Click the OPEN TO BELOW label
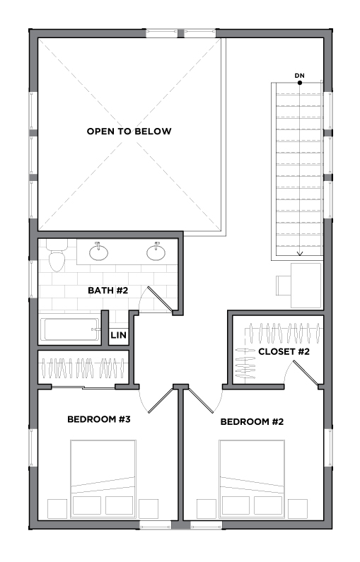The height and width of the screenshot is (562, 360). point(129,131)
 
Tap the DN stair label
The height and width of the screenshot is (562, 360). point(299,76)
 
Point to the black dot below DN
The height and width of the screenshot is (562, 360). point(300,83)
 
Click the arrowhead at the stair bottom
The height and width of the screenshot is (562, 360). point(300,254)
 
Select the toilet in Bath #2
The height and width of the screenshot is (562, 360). point(57,255)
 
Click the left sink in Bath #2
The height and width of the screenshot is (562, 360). point(98,252)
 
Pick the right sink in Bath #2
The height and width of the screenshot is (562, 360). point(156,252)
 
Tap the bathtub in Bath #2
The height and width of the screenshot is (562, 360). point(70,329)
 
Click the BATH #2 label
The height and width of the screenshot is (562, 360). point(108,291)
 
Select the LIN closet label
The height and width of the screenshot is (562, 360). point(118,335)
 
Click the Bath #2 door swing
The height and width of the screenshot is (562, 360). point(157,300)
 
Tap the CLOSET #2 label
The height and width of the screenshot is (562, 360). point(284,351)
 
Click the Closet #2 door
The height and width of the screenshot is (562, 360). point(305,373)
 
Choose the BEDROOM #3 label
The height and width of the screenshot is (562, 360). point(99,419)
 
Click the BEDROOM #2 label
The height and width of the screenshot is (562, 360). point(252,421)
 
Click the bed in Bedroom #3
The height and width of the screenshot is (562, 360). point(103,479)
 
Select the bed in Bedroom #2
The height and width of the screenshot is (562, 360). point(252,479)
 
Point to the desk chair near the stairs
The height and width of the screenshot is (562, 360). point(284,286)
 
